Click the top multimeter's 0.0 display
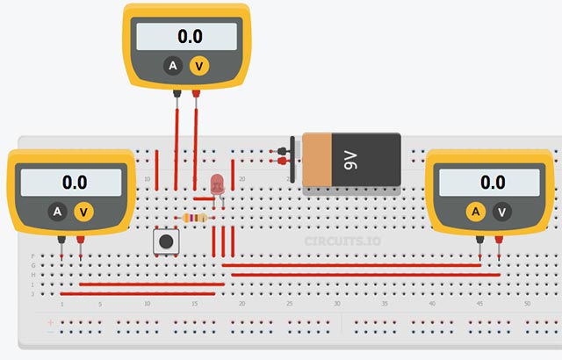pos(186,37)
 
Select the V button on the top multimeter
pos(200,66)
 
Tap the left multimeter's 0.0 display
pos(73,183)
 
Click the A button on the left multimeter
pos(57,212)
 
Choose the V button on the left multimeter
pos(84,212)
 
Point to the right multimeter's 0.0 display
pos(491,183)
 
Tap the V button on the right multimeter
pos(501,212)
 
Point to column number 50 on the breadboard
pos(526,304)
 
